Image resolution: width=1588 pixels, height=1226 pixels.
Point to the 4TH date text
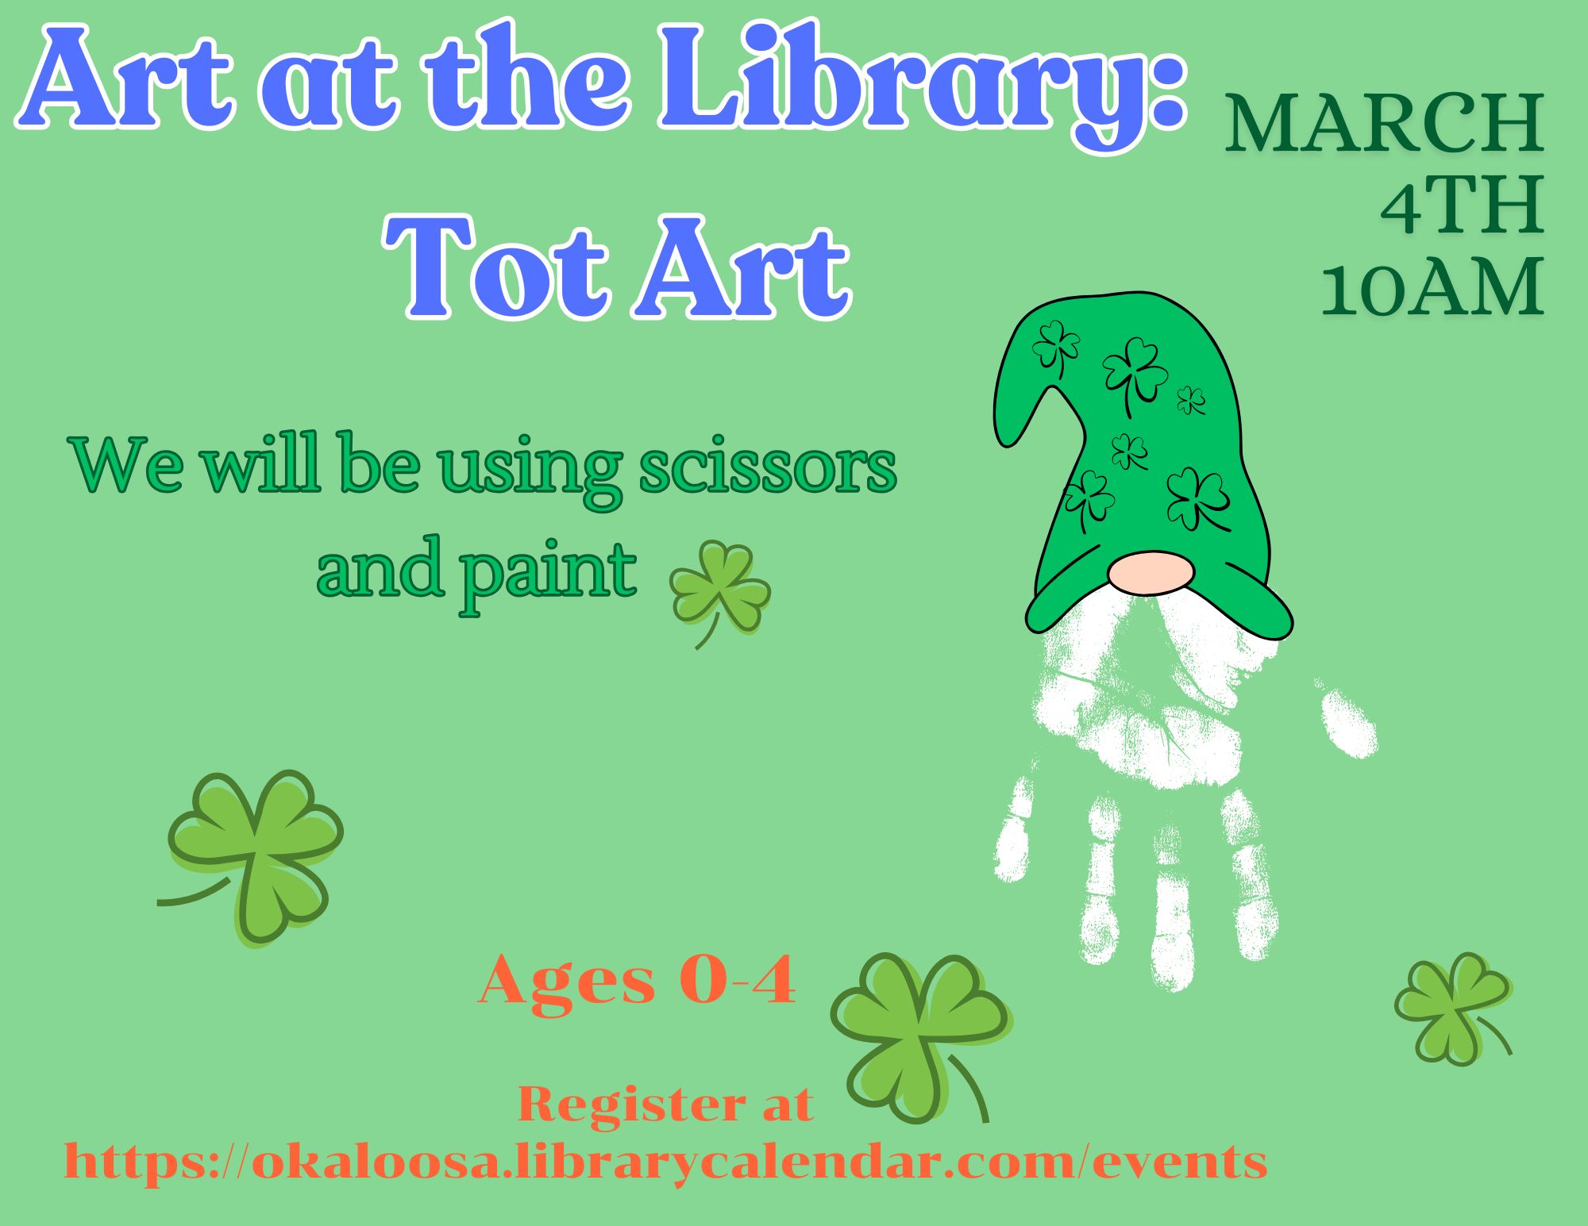click(x=1463, y=206)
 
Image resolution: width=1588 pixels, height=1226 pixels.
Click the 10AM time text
click(x=1432, y=287)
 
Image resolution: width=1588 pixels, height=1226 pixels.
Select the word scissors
click(x=768, y=467)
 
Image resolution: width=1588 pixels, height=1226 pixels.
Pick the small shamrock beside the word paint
click(x=719, y=591)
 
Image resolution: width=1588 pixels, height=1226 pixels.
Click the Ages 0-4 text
click(x=637, y=981)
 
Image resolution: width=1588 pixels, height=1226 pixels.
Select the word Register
click(x=631, y=1105)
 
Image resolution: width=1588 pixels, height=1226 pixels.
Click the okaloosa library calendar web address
click(x=665, y=1163)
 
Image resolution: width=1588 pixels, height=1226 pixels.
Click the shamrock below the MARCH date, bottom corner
click(x=1453, y=1009)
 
